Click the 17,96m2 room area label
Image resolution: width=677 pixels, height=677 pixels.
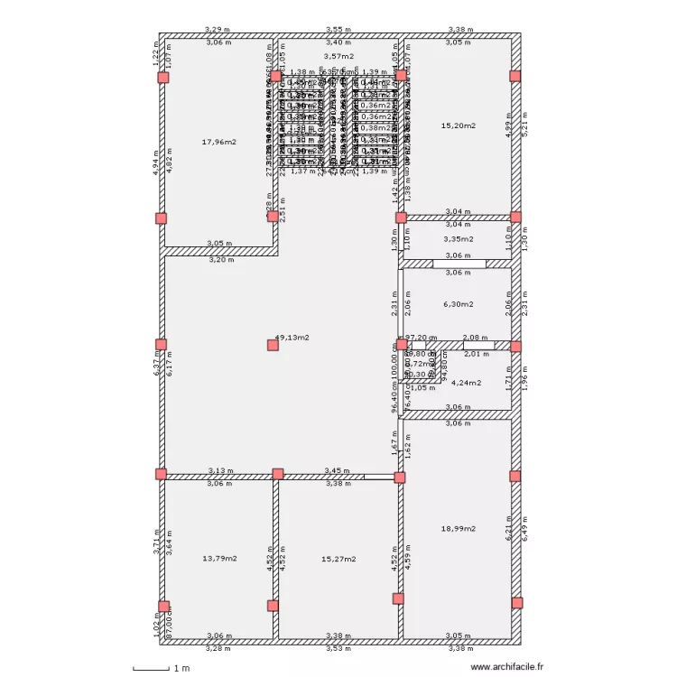(219, 142)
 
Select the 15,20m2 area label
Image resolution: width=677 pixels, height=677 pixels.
(458, 125)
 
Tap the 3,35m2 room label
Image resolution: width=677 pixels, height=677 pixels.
(458, 240)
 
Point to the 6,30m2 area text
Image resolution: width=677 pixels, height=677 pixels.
(458, 304)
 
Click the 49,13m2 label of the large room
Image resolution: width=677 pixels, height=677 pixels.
(292, 338)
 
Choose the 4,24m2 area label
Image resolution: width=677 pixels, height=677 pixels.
(466, 382)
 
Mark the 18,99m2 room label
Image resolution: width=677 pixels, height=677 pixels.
(458, 529)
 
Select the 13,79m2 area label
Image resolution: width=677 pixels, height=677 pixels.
(219, 559)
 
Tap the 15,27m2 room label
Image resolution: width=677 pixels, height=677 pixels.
(338, 559)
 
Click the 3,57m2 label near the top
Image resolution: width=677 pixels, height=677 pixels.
(338, 56)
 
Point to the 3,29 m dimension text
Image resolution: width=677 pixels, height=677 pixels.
(218, 30)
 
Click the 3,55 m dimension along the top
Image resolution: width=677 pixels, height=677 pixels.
(338, 30)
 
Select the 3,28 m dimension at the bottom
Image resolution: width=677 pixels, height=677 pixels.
(218, 648)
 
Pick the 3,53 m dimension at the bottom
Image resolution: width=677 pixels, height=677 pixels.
(338, 648)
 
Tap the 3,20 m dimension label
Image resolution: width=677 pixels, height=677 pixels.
(221, 259)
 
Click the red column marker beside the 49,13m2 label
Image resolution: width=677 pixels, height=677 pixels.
(273, 344)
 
